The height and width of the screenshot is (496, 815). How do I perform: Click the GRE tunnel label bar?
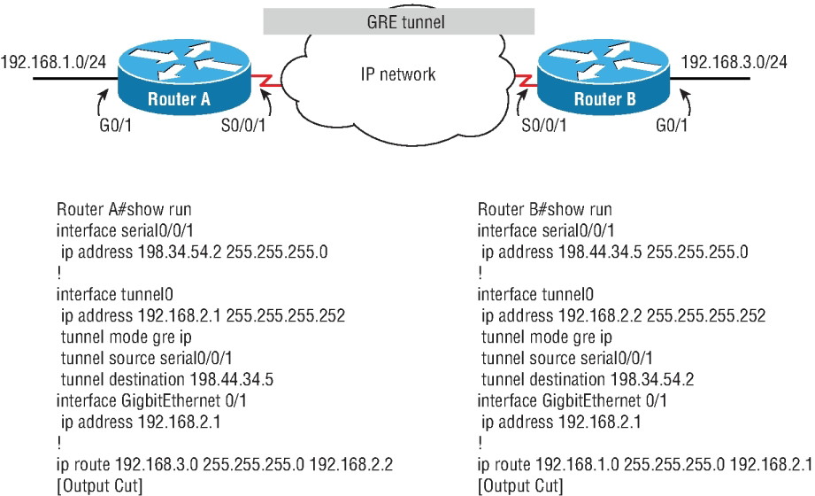[398, 19]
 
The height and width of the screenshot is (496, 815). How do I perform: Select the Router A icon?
[178, 81]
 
